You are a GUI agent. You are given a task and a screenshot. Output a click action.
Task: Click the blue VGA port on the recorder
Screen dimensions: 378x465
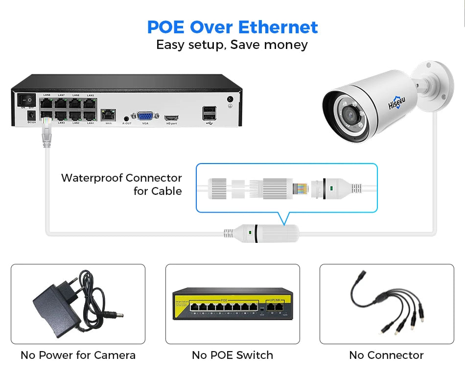coord(145,116)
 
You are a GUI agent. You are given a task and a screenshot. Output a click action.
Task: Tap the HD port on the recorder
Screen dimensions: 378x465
coord(171,118)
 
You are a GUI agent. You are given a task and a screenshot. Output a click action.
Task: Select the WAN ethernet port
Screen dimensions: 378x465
coord(108,116)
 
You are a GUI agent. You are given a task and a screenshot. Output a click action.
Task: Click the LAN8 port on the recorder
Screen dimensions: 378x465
coord(47,103)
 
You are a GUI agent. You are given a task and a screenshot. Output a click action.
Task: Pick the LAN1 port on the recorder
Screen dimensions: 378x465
coord(90,116)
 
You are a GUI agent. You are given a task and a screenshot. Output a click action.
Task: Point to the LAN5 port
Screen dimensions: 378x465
coord(90,103)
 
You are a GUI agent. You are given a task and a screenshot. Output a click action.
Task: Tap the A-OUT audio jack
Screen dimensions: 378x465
coord(127,118)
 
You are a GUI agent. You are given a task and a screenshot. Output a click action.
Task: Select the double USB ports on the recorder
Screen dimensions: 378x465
coord(207,113)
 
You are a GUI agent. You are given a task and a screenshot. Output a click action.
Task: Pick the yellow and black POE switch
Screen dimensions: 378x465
coord(232,304)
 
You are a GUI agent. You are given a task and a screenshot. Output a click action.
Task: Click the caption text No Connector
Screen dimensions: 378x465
coord(386,355)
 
